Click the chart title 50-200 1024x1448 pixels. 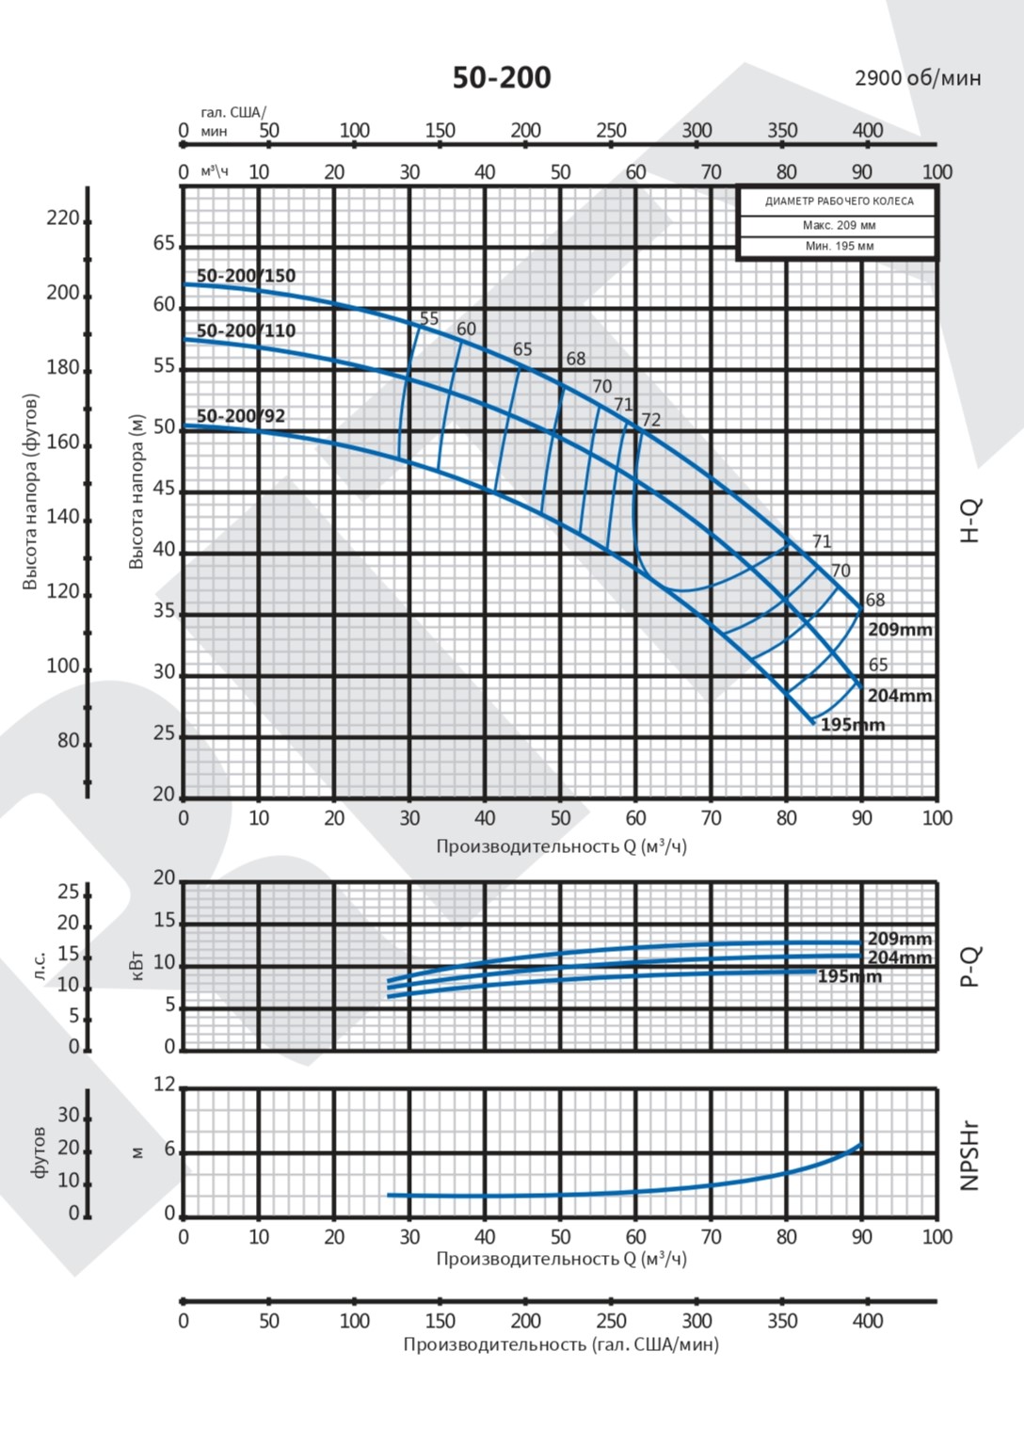502,77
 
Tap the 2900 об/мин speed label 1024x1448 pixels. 918,77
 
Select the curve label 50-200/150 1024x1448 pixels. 246,276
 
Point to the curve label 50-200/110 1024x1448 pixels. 246,330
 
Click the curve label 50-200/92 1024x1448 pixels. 241,416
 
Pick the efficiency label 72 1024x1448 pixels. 650,420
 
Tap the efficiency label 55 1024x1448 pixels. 429,318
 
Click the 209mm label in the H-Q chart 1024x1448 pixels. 900,629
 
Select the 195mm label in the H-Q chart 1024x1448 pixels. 853,725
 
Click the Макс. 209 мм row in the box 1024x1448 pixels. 839,226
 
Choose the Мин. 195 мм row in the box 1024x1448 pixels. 839,246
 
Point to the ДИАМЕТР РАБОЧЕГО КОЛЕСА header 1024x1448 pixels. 839,201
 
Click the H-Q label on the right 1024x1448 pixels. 970,520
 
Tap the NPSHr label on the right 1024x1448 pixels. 970,1155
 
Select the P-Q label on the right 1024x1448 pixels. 970,966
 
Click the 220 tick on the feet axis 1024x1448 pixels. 63,218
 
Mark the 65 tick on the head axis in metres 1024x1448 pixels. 164,244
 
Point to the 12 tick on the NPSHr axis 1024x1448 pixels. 164,1085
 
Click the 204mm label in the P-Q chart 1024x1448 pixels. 900,957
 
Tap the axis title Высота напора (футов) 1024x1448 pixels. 30,492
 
